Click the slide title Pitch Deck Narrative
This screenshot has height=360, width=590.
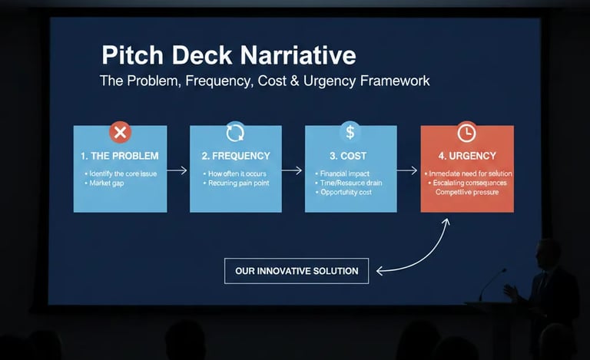tap(228, 56)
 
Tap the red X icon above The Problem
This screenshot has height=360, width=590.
tap(120, 132)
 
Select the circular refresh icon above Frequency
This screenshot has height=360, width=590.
tap(235, 132)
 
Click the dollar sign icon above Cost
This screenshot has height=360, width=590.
tap(350, 132)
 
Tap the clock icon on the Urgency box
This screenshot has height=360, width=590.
tap(466, 132)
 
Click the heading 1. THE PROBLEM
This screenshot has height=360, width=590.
tap(119, 156)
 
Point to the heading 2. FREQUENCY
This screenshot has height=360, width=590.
tap(235, 156)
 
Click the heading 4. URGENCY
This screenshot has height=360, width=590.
tap(466, 156)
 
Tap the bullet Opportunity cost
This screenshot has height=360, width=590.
tap(347, 193)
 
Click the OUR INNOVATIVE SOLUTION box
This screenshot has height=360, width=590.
tap(297, 271)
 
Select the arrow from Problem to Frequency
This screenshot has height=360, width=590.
tap(177, 170)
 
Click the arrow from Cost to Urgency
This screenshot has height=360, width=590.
tap(408, 170)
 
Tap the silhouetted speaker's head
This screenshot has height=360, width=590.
tap(549, 253)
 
